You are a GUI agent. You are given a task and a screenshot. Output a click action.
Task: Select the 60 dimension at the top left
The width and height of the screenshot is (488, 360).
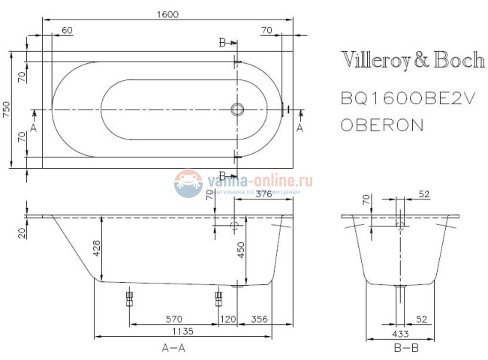pos(67,30)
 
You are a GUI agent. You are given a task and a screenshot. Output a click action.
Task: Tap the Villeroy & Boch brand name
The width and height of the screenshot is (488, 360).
pos(413,61)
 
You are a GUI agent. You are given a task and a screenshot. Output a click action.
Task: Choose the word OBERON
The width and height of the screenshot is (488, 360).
pos(381,125)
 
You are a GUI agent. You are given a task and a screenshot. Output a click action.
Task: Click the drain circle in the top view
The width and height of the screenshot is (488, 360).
pos(238,110)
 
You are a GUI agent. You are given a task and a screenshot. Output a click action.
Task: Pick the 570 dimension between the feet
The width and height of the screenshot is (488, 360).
pos(173,319)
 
